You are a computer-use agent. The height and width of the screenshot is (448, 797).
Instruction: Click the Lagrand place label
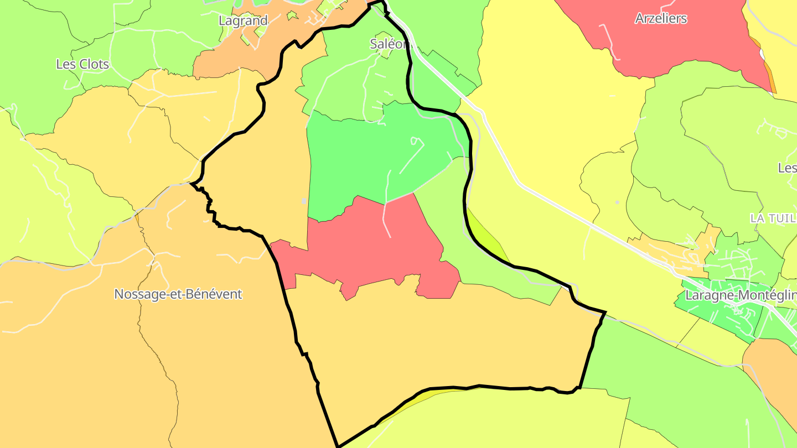[x=243, y=21]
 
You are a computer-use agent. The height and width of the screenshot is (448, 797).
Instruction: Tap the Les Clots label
[x=82, y=64]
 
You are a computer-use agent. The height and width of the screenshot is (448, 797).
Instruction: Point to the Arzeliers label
[x=661, y=18]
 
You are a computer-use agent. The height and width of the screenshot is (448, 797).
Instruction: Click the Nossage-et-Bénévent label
[x=178, y=294]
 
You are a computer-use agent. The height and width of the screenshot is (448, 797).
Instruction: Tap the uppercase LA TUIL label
[x=773, y=218]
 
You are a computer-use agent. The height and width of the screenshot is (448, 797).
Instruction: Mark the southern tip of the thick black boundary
[x=338, y=446]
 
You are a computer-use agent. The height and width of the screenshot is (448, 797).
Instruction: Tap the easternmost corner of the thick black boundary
[x=605, y=313]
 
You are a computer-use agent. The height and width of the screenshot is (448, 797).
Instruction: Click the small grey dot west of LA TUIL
[x=617, y=202]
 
